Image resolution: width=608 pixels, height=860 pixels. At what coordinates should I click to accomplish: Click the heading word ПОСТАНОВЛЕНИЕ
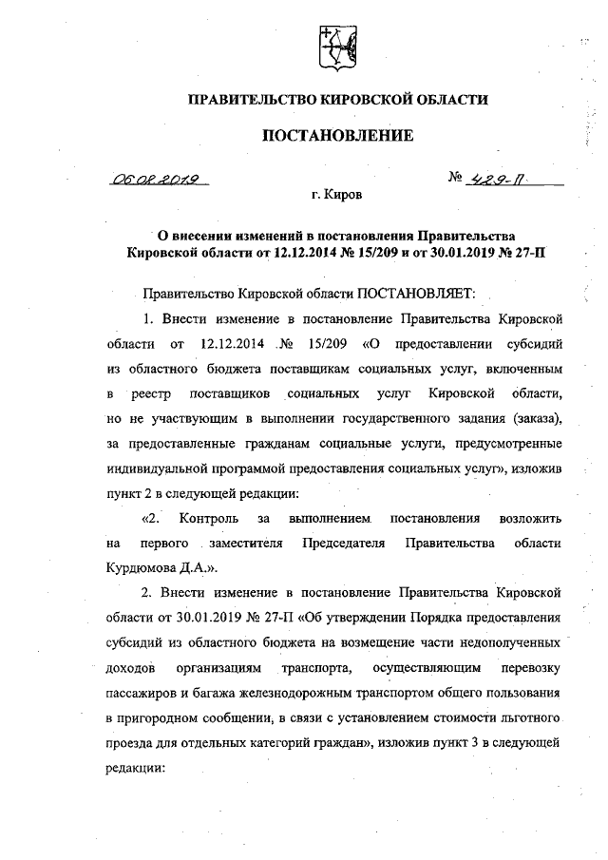pos(337,136)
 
